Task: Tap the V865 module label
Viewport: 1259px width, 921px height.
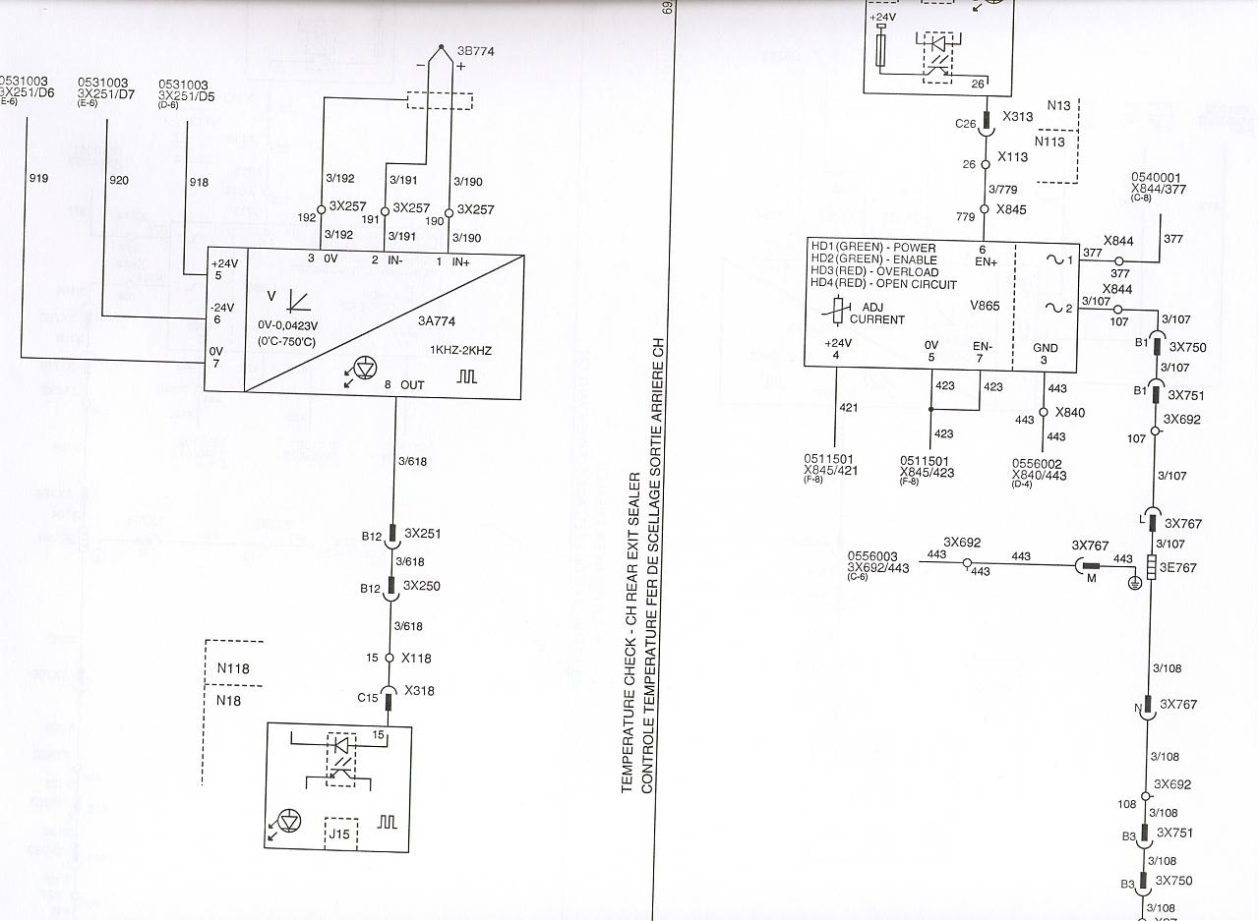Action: click(x=984, y=306)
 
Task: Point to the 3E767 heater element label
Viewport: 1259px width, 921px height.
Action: click(x=1178, y=567)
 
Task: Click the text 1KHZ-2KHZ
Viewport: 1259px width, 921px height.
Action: click(x=460, y=350)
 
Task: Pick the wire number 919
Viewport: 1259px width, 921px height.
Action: click(x=39, y=179)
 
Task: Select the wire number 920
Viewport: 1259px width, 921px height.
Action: click(x=119, y=180)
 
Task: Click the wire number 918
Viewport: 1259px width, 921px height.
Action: click(x=199, y=182)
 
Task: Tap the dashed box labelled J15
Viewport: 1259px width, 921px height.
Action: click(x=341, y=835)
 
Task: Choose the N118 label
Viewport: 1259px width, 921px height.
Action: click(x=233, y=668)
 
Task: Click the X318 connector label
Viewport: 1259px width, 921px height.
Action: click(x=419, y=690)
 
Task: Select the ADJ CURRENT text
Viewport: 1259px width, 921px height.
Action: click(x=876, y=314)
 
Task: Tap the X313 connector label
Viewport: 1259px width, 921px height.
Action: click(x=1017, y=117)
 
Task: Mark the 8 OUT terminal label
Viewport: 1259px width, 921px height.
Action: click(x=404, y=384)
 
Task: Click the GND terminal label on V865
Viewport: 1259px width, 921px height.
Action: click(x=1046, y=348)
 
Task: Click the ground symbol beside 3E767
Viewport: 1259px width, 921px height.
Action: click(x=1134, y=582)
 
